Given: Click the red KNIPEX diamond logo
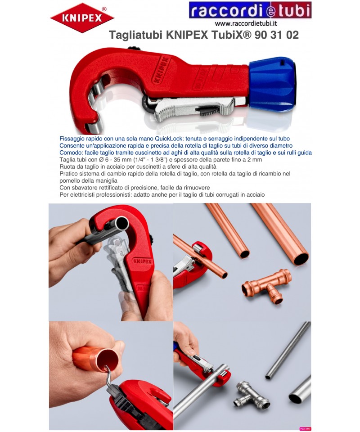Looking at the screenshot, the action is pos(82,18).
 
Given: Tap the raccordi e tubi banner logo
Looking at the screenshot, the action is pos(250,10).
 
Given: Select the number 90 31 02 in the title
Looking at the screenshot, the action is pos(277,35).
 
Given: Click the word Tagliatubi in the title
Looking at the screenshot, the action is pos(136,35).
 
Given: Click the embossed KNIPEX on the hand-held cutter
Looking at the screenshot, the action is pos(142,261).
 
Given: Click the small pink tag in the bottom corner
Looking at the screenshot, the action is pos(305,429).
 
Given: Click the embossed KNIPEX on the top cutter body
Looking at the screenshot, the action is pos(161,70).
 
